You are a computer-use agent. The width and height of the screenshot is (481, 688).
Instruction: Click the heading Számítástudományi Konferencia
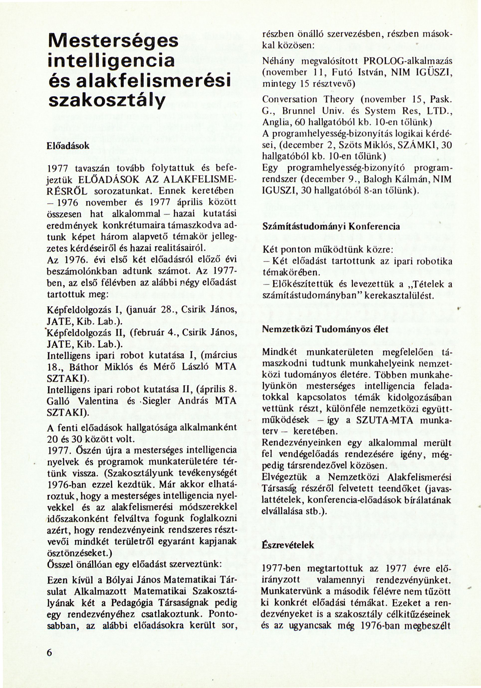tap(331, 227)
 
